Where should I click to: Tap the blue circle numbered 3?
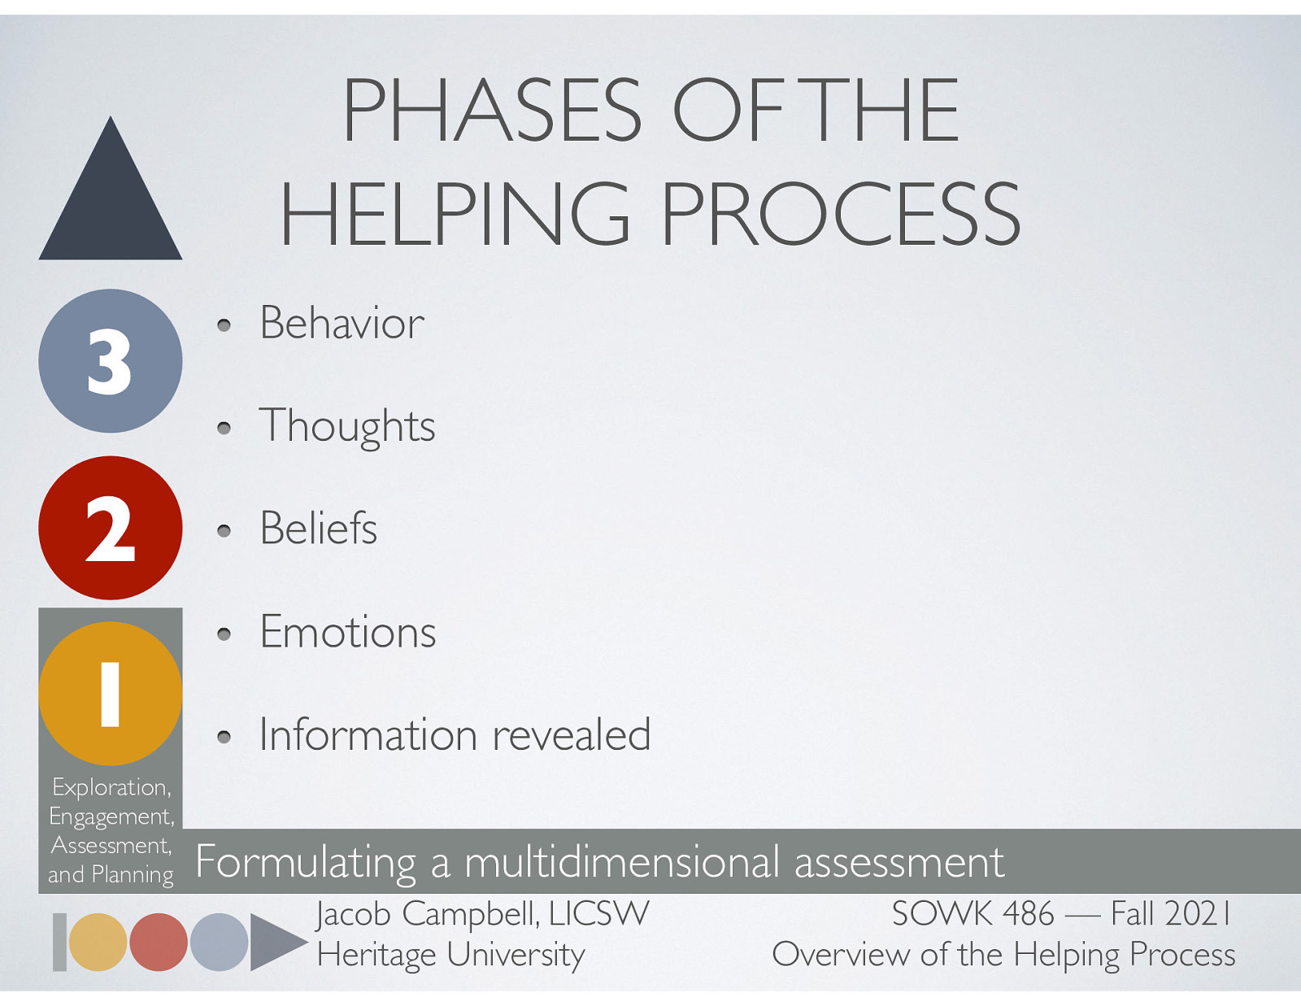pyautogui.click(x=111, y=361)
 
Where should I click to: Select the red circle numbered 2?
pyautogui.click(x=111, y=528)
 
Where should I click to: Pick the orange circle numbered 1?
pyautogui.click(x=111, y=694)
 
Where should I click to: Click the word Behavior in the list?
pyautogui.click(x=342, y=324)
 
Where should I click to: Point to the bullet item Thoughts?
pyautogui.click(x=347, y=426)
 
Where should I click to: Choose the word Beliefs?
pyautogui.click(x=319, y=529)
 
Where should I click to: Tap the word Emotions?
pyautogui.click(x=348, y=632)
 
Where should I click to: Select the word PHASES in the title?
pyautogui.click(x=493, y=111)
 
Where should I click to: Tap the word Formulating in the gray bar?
pyautogui.click(x=306, y=862)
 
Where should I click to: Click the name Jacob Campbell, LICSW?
pyautogui.click(x=483, y=914)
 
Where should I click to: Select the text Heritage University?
pyautogui.click(x=450, y=955)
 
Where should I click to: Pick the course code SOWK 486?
pyautogui.click(x=972, y=914)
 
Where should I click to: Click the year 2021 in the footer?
pyautogui.click(x=1199, y=914)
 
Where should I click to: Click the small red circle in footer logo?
pyautogui.click(x=159, y=942)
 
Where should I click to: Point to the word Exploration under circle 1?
pyautogui.click(x=111, y=787)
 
